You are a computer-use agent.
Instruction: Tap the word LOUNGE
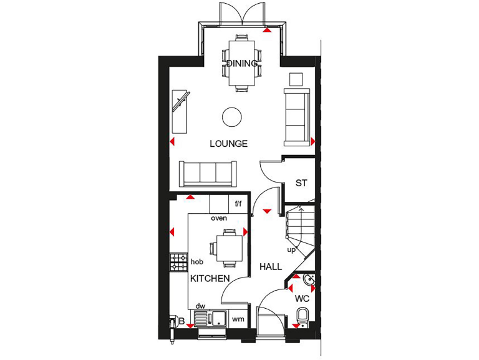tap(228, 144)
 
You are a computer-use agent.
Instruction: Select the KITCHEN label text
tap(210, 279)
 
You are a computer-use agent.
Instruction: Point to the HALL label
tap(271, 267)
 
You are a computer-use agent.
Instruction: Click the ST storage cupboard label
tap(301, 183)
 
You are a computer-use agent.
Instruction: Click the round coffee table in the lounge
tap(232, 116)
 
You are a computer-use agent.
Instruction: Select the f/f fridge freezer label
tap(238, 204)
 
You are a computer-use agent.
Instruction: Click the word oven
tap(218, 218)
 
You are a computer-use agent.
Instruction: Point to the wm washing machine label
tap(238, 319)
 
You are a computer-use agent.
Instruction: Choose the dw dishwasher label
tap(200, 306)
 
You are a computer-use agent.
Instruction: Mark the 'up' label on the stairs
tap(291, 250)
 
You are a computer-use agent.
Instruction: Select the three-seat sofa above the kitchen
tap(208, 174)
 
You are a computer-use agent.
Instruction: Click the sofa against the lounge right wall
tap(296, 116)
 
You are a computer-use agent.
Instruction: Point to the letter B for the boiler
tap(181, 322)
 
